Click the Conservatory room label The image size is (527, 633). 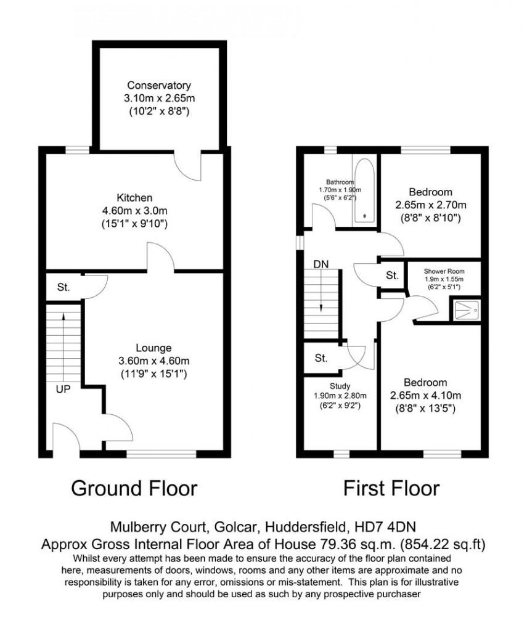tap(159, 86)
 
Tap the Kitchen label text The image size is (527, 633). tap(134, 198)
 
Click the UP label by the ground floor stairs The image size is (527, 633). tap(64, 390)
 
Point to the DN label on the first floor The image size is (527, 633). tap(321, 264)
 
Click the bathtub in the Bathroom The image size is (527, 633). tap(364, 190)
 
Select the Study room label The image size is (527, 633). tap(340, 386)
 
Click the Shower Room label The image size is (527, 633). tap(444, 271)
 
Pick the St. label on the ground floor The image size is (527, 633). tap(64, 287)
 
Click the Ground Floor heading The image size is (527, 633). tap(134, 488)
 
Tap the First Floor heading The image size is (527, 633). tap(391, 488)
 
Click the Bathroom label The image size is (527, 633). tap(340, 182)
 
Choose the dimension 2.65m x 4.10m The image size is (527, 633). tap(425, 396)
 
